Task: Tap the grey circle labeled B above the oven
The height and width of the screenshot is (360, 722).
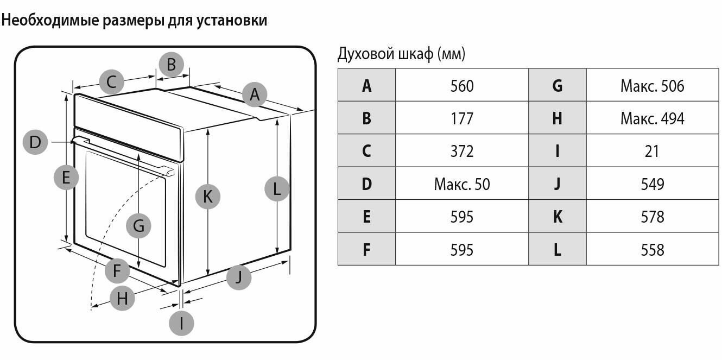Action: tap(171, 65)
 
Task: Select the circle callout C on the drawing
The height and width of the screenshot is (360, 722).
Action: tap(112, 82)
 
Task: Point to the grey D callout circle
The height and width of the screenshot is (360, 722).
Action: tap(35, 142)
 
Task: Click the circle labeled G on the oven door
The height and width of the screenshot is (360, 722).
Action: tap(138, 225)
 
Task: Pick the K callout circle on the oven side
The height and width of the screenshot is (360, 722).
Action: tap(208, 196)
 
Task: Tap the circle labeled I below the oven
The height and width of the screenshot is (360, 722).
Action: tap(181, 324)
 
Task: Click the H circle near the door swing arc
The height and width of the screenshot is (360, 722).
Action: tap(122, 298)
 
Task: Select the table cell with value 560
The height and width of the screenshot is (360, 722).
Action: tap(462, 86)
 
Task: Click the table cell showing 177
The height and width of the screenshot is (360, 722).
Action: tap(462, 118)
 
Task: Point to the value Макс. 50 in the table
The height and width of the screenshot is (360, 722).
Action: tap(462, 184)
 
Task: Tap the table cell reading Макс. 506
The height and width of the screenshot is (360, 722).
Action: tap(652, 86)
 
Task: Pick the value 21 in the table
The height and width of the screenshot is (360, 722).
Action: tap(652, 151)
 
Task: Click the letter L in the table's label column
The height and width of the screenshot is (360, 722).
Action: tap(557, 250)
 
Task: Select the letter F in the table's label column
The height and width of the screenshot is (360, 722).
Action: tap(366, 250)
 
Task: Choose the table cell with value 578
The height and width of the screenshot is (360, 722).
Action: tap(652, 217)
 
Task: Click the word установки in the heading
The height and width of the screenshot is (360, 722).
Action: tap(235, 21)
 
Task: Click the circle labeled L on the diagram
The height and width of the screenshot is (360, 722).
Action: tap(277, 190)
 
